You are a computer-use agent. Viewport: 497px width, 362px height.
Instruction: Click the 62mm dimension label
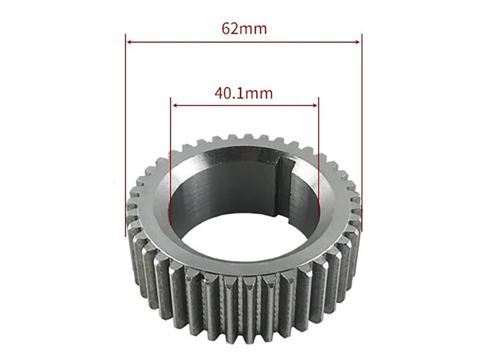[x=244, y=29]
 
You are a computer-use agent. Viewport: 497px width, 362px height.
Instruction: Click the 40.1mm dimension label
[x=244, y=93]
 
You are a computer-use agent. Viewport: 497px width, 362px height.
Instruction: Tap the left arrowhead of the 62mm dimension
[x=129, y=42]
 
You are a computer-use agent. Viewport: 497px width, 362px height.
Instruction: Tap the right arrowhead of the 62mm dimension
[x=358, y=42]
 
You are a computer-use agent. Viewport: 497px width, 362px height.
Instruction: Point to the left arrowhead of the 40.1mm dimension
[x=173, y=105]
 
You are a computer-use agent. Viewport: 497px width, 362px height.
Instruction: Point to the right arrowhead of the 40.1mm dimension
[x=315, y=105]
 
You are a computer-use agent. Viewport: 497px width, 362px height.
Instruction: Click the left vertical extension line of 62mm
[x=126, y=135]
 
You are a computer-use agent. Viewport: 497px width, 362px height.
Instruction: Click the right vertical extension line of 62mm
[x=361, y=132]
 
